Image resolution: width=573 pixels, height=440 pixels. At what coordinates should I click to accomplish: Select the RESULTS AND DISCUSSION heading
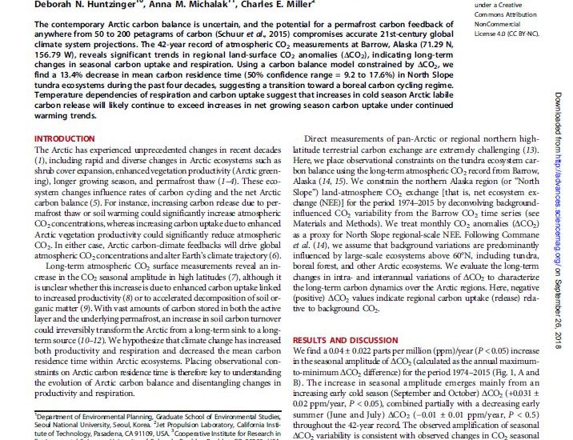point(334,339)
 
